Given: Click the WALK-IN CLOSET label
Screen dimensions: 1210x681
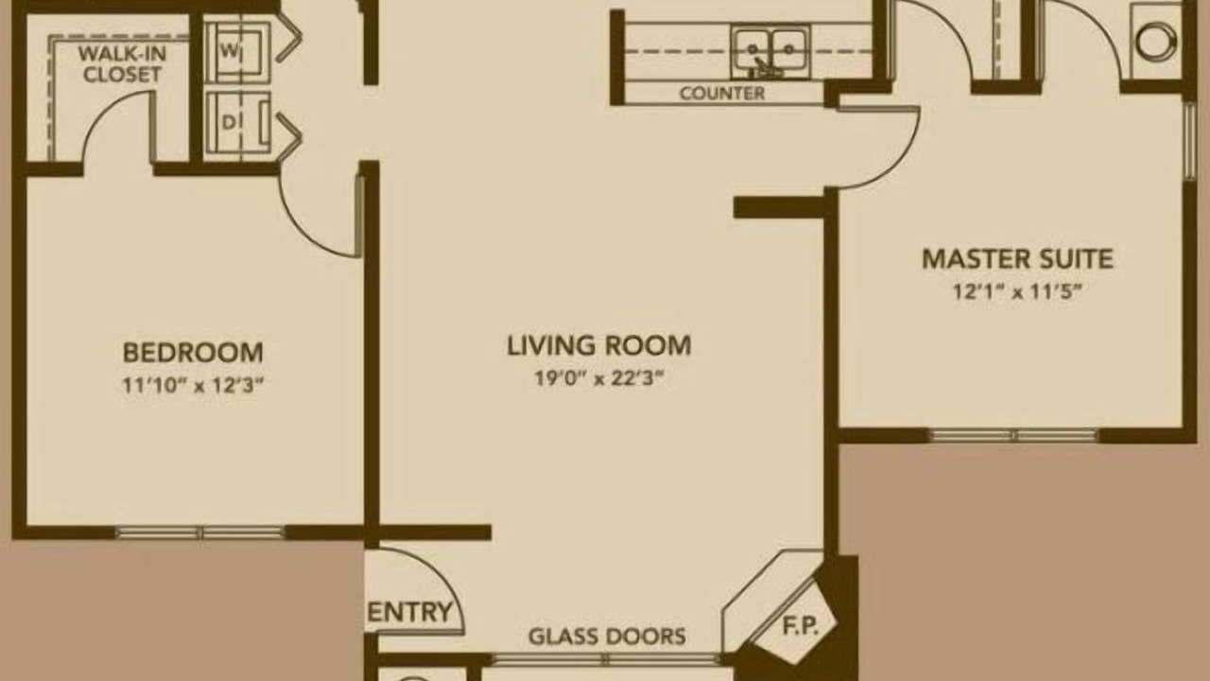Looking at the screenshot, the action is (122, 63).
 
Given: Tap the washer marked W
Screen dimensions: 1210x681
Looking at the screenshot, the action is (237, 52).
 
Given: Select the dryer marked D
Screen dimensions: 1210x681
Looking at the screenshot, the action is (237, 123).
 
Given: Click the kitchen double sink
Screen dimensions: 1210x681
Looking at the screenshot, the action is (770, 52).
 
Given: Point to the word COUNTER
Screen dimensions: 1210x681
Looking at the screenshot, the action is (721, 94).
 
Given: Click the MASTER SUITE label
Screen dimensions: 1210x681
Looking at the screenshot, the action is (1017, 259).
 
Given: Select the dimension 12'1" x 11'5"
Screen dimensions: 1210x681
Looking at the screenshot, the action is (1017, 292).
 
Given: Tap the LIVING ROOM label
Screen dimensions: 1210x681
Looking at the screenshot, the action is (598, 346).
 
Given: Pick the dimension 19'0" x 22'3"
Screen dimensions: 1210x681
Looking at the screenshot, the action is (598, 378).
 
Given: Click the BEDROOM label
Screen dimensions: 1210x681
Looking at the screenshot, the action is (193, 353).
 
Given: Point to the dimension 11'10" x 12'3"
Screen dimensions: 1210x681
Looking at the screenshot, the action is (193, 386).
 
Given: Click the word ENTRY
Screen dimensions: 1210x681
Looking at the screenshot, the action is (409, 612).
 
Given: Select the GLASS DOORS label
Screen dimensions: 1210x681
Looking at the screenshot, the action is (607, 637).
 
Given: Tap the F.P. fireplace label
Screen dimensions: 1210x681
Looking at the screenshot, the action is (801, 626).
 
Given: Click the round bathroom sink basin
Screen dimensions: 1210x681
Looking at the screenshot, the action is (1156, 41).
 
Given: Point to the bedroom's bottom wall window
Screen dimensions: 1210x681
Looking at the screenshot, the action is (199, 533).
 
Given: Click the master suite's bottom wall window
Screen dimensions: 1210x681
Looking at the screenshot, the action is (1014, 436).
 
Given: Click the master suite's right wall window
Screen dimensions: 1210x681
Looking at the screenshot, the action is (1189, 141).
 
